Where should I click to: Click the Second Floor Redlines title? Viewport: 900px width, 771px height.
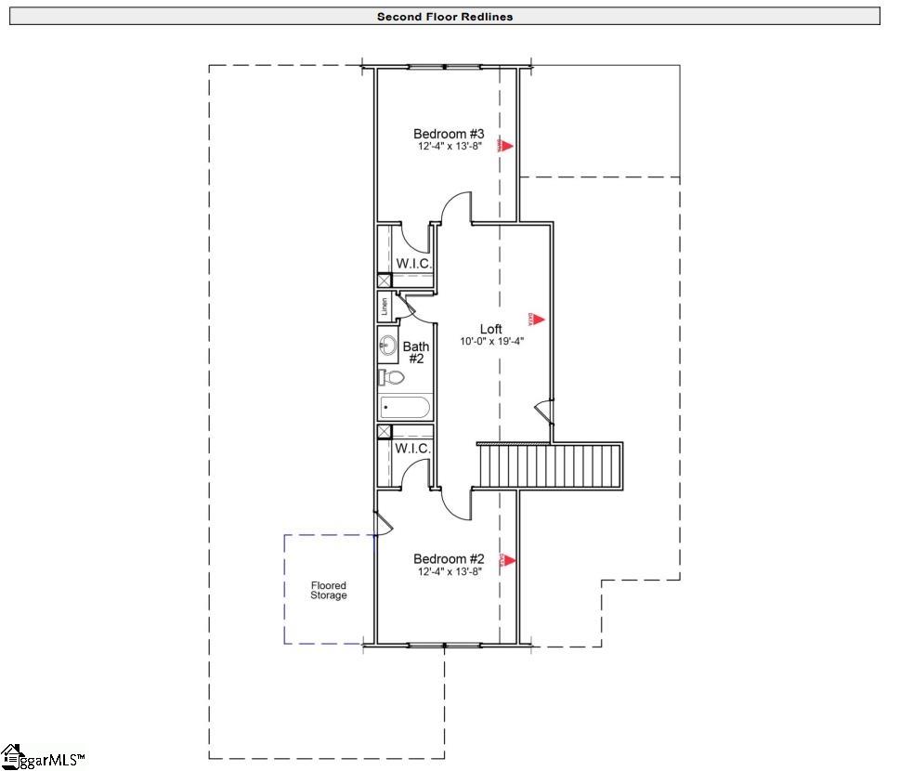coord(444,16)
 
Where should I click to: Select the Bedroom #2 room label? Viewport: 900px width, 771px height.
coord(449,558)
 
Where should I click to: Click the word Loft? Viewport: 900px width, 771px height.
coord(491,329)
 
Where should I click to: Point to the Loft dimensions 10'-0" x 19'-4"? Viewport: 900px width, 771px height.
coord(491,341)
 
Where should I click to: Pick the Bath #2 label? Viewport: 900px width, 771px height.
coord(415,352)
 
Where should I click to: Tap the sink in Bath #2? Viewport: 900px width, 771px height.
coord(388,346)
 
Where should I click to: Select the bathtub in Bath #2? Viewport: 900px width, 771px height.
coord(405,407)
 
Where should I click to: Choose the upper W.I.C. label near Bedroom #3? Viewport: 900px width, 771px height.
coord(413,264)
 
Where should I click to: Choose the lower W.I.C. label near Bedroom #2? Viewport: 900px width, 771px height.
coord(412,449)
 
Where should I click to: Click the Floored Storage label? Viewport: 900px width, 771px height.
coord(329,590)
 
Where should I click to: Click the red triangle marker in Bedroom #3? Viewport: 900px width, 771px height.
coord(507,145)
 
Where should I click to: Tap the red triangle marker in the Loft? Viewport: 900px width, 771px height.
coord(536,320)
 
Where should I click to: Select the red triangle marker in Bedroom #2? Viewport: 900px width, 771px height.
coord(507,560)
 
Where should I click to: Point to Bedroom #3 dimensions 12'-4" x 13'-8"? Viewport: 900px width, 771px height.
coord(449,147)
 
